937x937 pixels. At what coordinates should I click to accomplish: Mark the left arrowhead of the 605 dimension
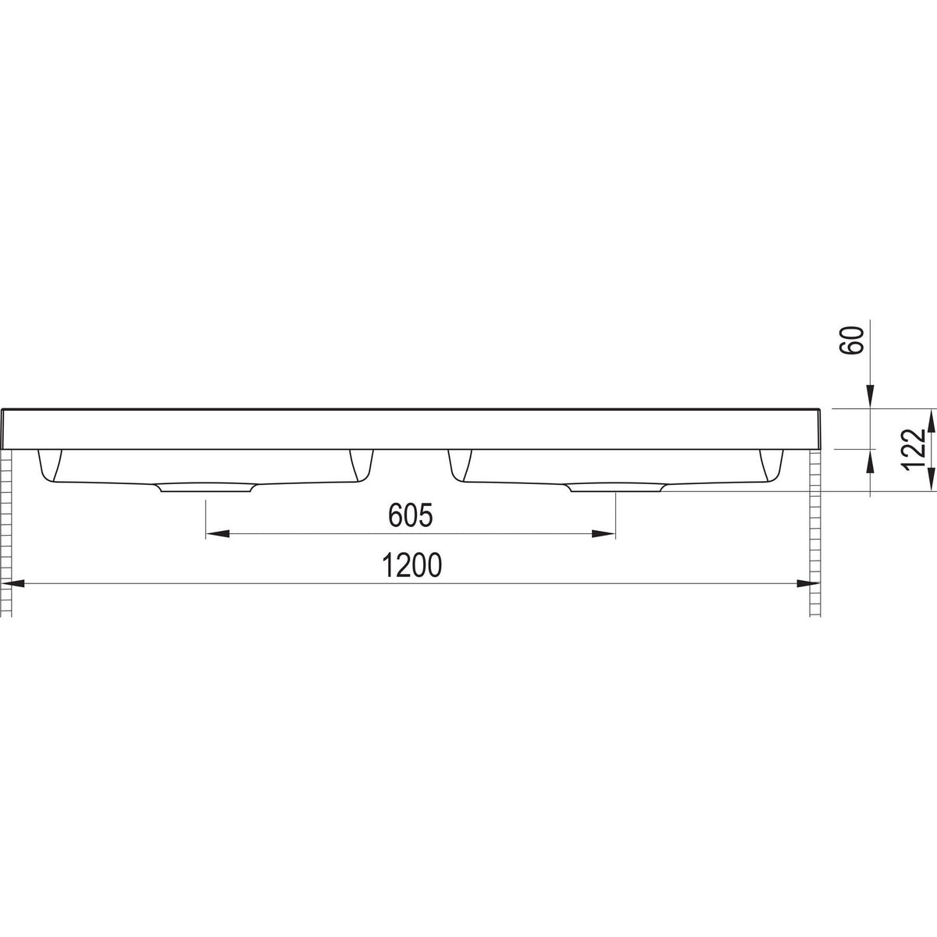click(216, 534)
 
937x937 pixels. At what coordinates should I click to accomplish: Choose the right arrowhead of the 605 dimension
click(605, 534)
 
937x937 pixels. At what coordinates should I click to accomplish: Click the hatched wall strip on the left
click(8, 531)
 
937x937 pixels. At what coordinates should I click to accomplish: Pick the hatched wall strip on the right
click(817, 531)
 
